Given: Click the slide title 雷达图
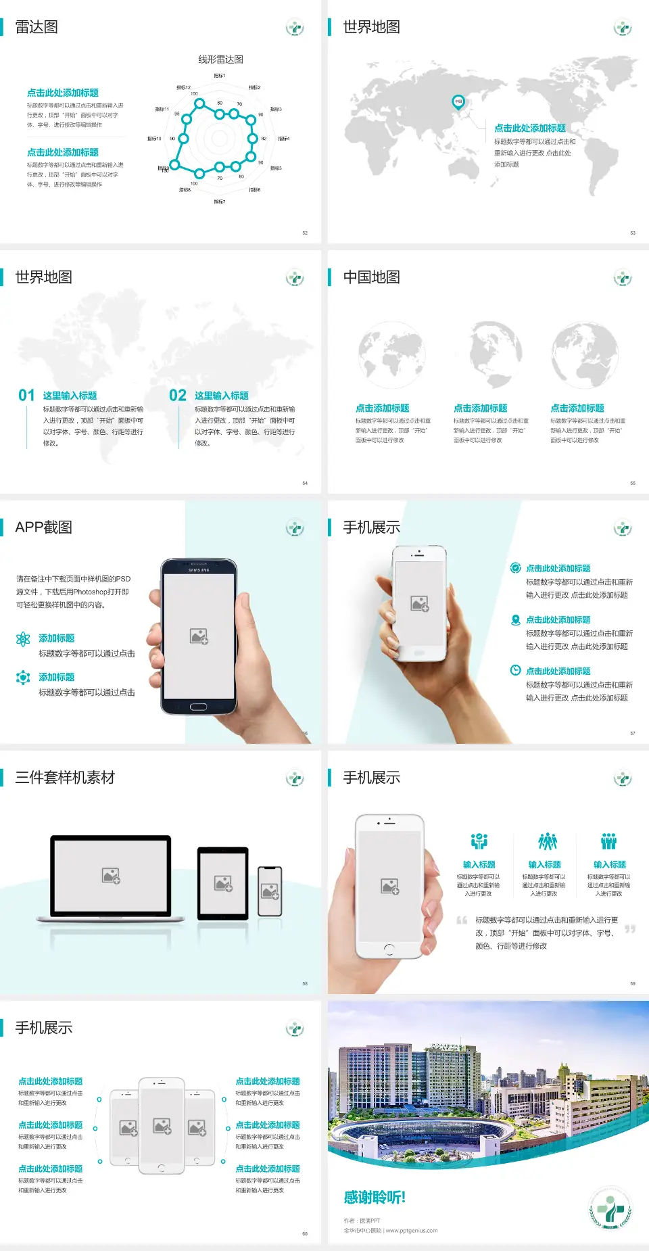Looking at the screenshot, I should (x=37, y=27).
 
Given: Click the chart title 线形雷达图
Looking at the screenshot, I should (x=220, y=60).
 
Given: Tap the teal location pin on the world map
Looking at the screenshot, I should (x=458, y=102).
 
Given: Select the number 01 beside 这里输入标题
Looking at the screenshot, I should (x=26, y=396).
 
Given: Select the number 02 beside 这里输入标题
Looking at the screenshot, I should (x=178, y=396).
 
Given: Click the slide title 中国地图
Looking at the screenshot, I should (x=371, y=277).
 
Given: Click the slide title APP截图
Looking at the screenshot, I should (x=43, y=527).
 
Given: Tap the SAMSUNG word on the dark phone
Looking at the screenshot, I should (x=199, y=570).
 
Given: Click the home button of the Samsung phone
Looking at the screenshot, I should (x=198, y=707).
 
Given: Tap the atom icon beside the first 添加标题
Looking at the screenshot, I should (x=23, y=639).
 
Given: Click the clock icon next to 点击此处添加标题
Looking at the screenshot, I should (x=515, y=670).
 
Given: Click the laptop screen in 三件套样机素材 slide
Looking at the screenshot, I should (x=111, y=875).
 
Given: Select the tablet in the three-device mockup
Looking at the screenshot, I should (x=223, y=882).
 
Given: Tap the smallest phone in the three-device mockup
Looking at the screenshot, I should (x=270, y=891).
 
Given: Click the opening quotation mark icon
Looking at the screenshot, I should (x=462, y=920).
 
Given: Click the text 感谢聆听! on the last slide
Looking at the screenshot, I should (x=375, y=1198).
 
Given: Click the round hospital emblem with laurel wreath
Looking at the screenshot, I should (x=610, y=1208).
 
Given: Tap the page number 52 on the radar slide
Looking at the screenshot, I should (x=305, y=233).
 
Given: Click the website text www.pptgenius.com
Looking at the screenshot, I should (x=412, y=1231).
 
